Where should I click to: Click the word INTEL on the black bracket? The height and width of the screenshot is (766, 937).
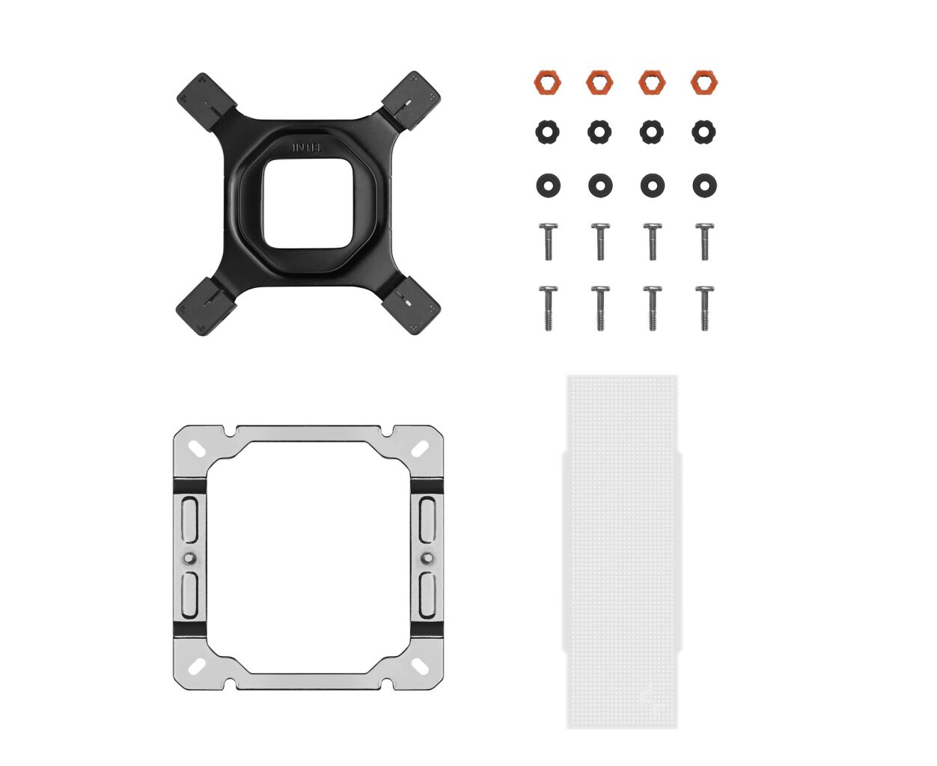point(308,147)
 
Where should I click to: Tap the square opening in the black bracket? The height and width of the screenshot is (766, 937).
point(308,203)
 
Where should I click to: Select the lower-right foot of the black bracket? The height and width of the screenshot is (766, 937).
point(411,304)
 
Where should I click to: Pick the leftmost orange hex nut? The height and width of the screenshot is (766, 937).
point(547,82)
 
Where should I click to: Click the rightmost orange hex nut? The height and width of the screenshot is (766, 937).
point(704,82)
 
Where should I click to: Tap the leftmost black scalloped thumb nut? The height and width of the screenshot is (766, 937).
point(547,132)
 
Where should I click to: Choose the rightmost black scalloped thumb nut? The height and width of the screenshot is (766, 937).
point(704,132)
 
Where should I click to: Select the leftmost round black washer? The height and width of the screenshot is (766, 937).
point(548,186)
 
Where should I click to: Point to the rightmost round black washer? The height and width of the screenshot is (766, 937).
point(704,186)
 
